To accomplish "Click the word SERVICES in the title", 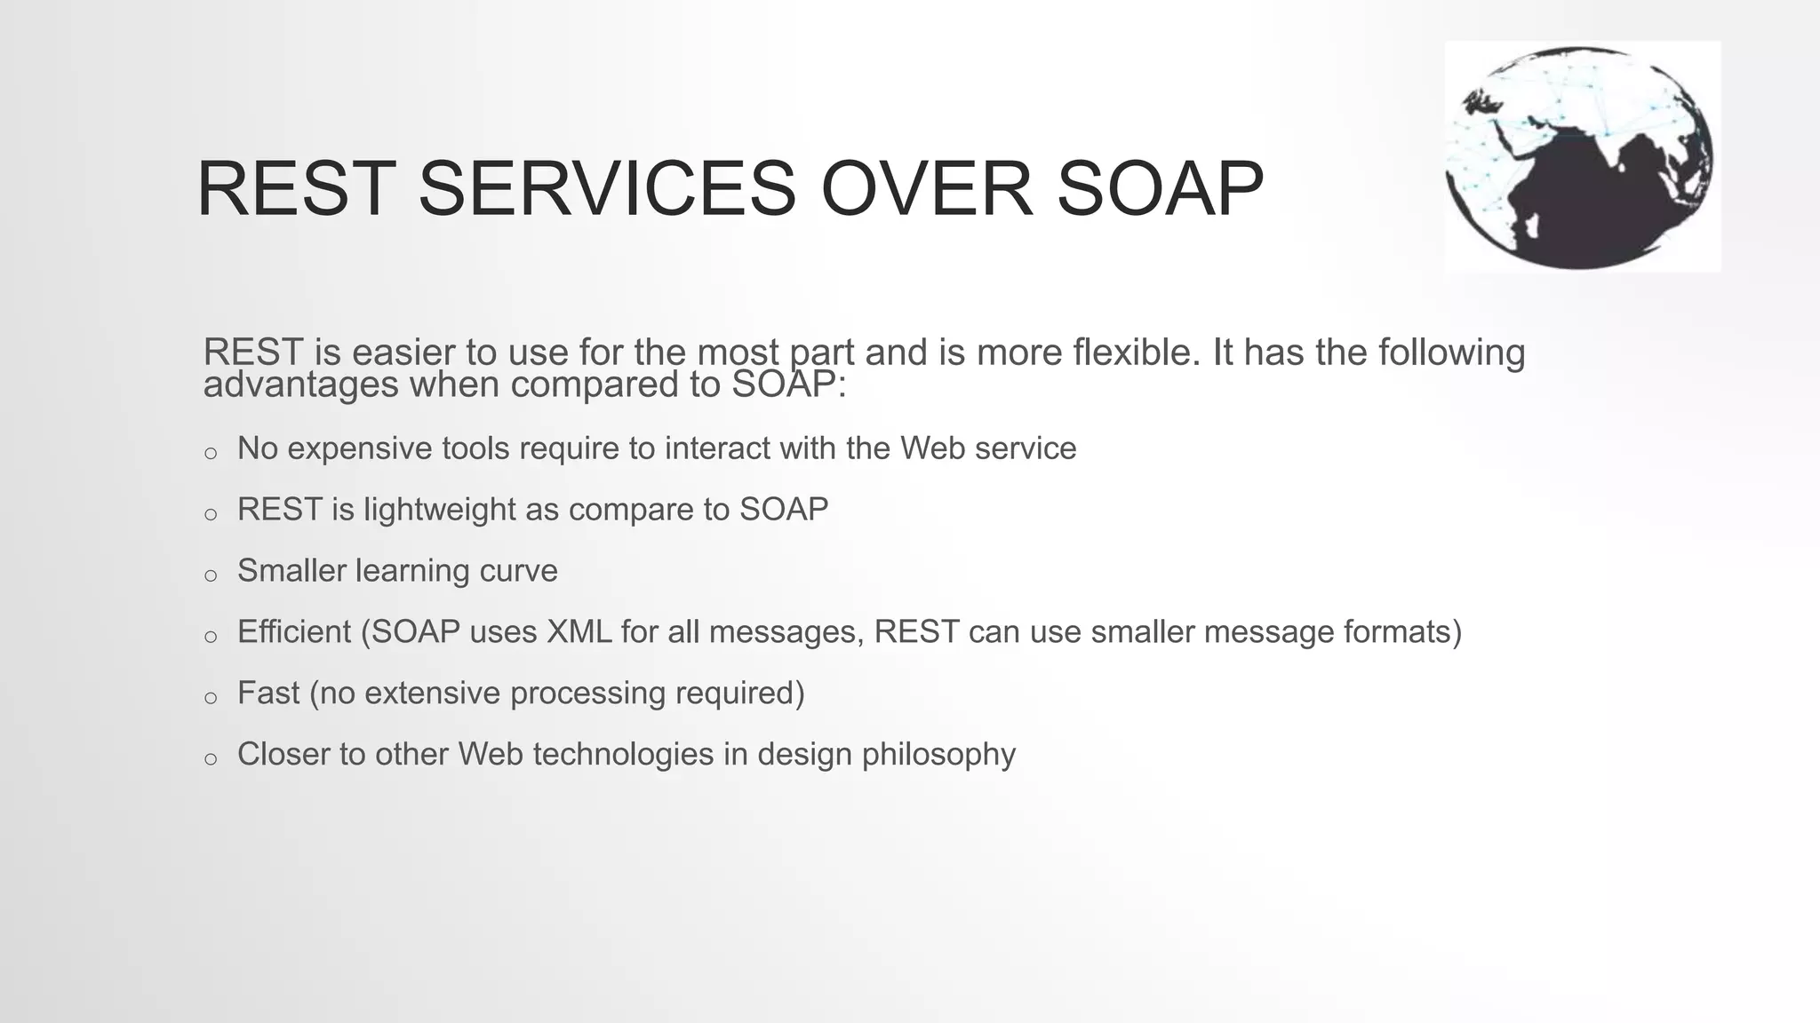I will pyautogui.click(x=607, y=188).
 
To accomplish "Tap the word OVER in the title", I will pyautogui.click(x=927, y=188).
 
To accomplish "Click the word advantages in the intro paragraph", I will pyautogui.click(x=300, y=385).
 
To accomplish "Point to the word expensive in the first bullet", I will pyautogui.click(x=361, y=448).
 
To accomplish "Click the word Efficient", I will pyautogui.click(x=294, y=631).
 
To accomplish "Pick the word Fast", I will pyautogui.click(x=267, y=693).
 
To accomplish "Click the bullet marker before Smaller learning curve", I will pyautogui.click(x=211, y=575).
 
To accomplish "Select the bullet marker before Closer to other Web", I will pyautogui.click(x=211, y=759).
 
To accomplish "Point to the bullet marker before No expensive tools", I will pyautogui.click(x=211, y=454).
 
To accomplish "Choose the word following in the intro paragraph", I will pyautogui.click(x=1451, y=353).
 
